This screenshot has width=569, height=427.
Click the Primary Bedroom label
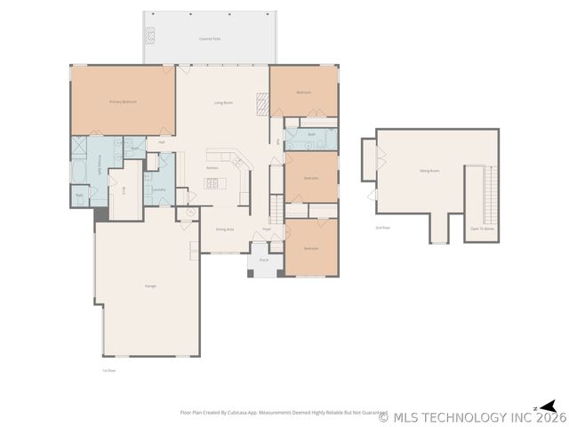pyautogui.click(x=123, y=102)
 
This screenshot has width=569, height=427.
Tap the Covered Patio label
pyautogui.click(x=210, y=40)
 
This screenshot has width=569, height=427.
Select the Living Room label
pyautogui.click(x=223, y=103)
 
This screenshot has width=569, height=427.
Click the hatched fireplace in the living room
pyautogui.click(x=262, y=104)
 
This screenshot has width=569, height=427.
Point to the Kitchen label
pyautogui.click(x=212, y=167)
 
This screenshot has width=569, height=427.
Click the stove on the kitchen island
pyautogui.click(x=213, y=183)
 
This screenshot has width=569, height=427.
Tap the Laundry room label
pyautogui.click(x=159, y=189)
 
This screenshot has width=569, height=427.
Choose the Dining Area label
pyautogui.click(x=224, y=230)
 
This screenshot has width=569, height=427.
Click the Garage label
pyautogui.click(x=150, y=286)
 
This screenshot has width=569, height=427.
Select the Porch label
pyautogui.click(x=264, y=261)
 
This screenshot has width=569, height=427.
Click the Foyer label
pyautogui.click(x=267, y=229)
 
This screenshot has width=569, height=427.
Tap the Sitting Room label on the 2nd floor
pyautogui.click(x=429, y=171)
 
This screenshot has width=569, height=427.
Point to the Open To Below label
pyautogui.click(x=483, y=228)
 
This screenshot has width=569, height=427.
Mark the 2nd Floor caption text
pyautogui.click(x=383, y=228)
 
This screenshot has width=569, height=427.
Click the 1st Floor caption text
pyautogui.click(x=108, y=370)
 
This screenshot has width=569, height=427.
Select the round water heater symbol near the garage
pyautogui.click(x=189, y=213)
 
